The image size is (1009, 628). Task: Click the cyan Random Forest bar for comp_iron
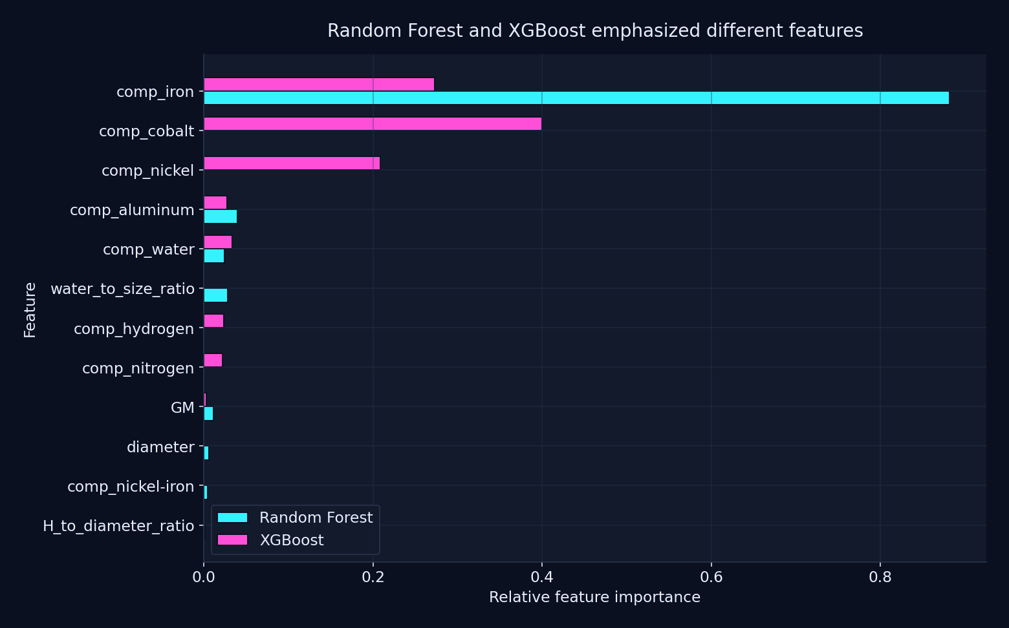tap(576, 98)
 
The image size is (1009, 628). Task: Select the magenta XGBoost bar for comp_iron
tap(319, 85)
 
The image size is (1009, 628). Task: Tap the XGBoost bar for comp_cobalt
tap(373, 124)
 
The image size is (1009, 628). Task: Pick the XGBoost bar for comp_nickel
tap(292, 163)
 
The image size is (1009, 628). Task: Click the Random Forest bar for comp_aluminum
tap(221, 216)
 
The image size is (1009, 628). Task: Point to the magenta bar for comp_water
tap(218, 242)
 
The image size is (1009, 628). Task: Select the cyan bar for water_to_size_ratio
tap(215, 295)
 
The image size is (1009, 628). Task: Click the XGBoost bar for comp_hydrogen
tap(213, 321)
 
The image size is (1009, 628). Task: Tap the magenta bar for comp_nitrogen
tap(213, 361)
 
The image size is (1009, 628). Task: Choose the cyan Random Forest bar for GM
tap(208, 413)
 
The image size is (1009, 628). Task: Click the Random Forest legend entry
tap(296, 518)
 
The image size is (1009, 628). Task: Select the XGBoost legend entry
tap(271, 540)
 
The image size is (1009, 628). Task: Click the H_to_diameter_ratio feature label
tap(118, 526)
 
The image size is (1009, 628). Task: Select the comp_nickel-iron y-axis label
tap(131, 487)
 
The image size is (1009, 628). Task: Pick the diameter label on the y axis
tap(160, 447)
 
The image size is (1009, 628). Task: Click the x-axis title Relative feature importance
tap(594, 597)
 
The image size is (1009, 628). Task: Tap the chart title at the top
tap(595, 31)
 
